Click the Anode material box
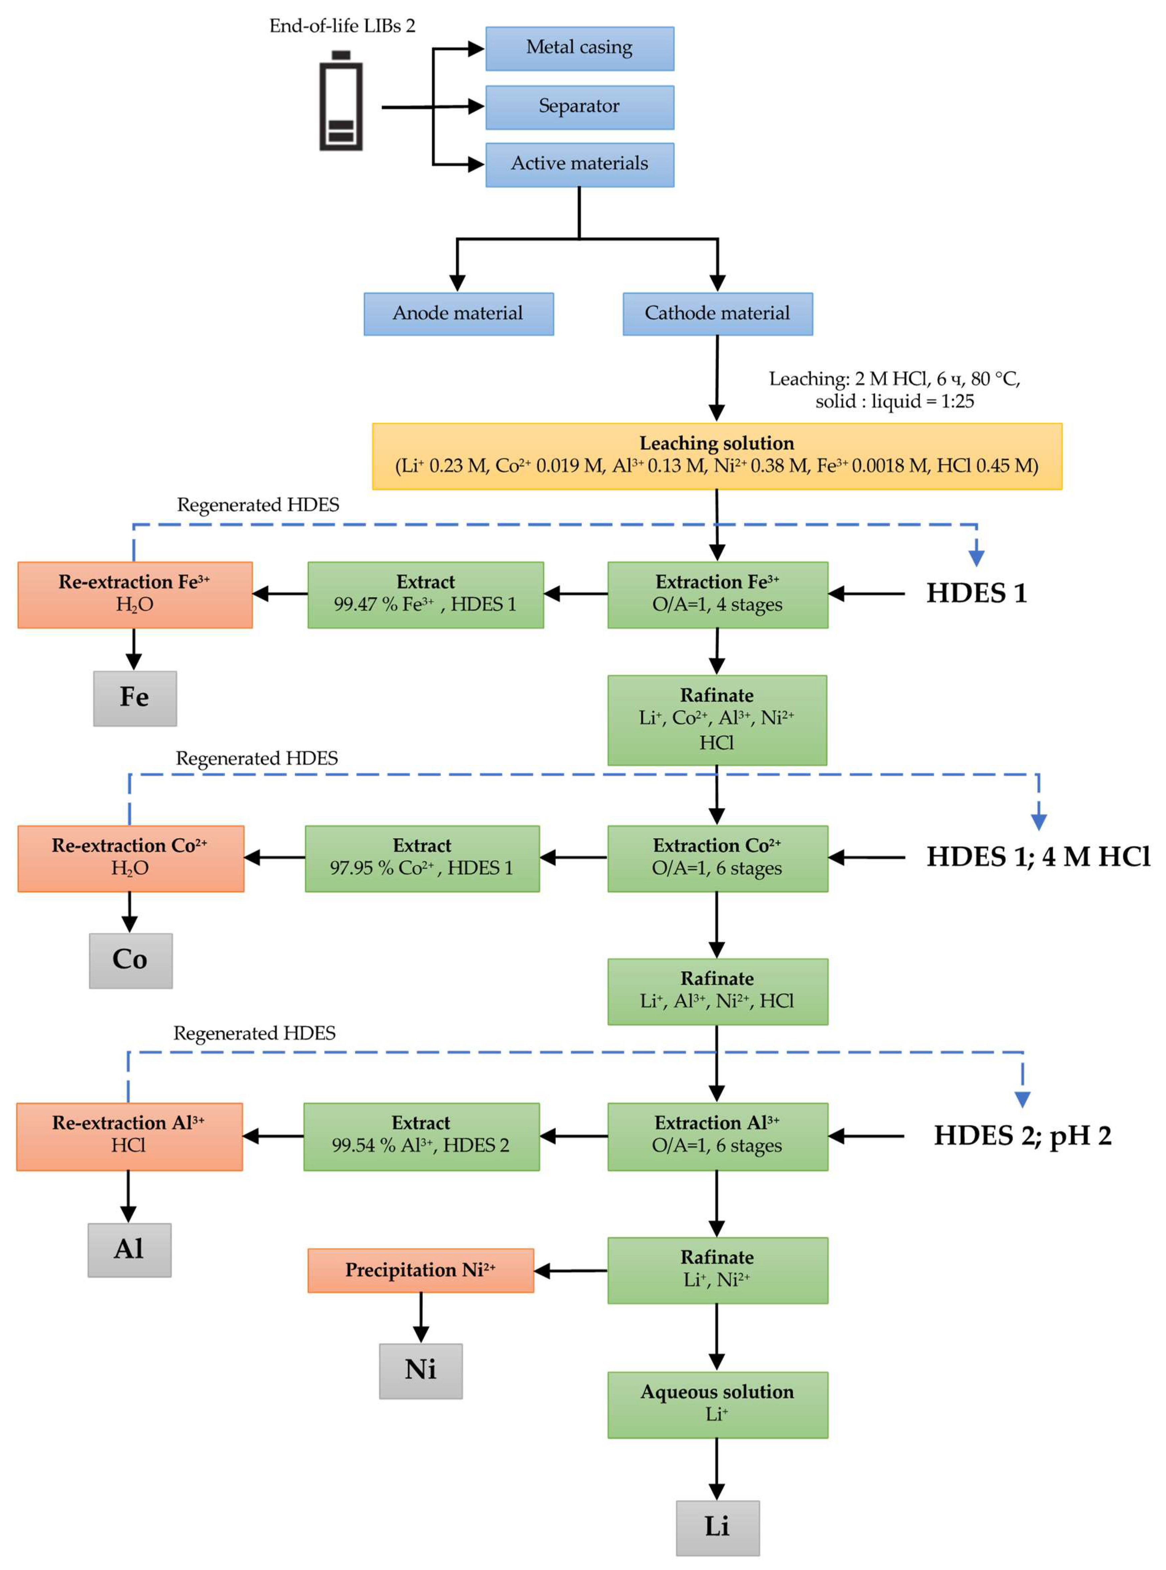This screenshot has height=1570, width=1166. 458,314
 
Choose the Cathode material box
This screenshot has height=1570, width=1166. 717,314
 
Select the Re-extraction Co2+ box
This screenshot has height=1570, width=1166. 131,858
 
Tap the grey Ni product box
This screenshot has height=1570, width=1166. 421,1370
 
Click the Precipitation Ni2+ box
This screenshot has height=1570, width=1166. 421,1270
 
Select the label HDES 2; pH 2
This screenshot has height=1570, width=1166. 1022,1136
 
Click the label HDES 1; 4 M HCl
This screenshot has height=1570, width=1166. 1038,857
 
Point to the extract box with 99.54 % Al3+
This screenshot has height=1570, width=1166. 421,1136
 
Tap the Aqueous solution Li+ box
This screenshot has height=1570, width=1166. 717,1404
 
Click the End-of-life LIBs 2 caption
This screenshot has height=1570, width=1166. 342,26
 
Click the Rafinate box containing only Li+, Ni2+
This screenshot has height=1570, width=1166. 717,1270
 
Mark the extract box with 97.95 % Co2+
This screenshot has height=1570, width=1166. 422,858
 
